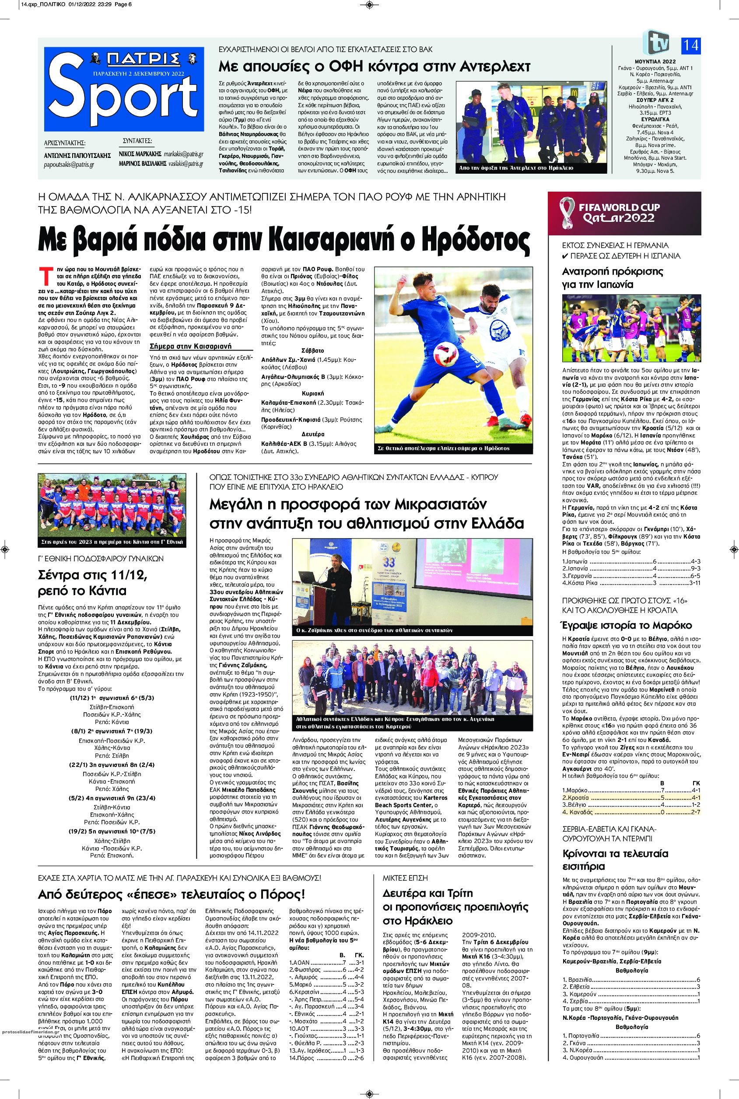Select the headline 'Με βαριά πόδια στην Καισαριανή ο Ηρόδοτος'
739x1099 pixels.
[285, 240]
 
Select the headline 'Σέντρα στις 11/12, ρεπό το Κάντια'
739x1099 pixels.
[93, 582]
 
